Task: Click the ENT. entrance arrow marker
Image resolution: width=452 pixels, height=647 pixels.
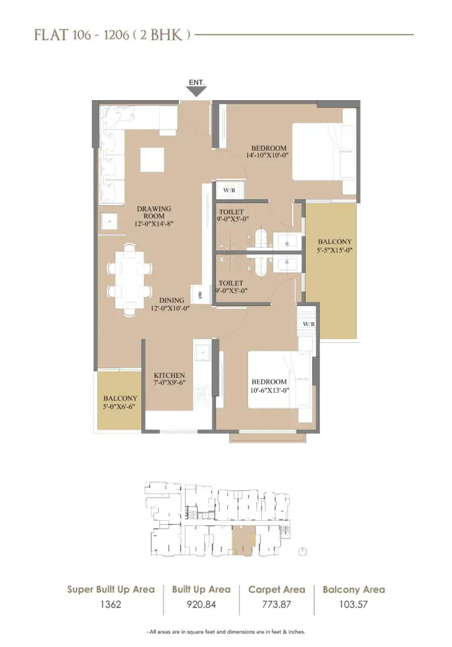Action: [197, 90]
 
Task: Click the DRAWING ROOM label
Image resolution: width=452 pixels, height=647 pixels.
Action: [153, 212]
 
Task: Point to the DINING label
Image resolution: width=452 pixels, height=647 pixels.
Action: [171, 300]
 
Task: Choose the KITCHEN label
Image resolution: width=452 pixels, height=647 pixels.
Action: [170, 375]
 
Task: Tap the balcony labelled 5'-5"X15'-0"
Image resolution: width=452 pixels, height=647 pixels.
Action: [331, 247]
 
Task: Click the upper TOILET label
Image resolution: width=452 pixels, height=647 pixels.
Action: [231, 212]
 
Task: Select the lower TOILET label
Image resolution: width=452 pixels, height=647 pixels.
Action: [231, 283]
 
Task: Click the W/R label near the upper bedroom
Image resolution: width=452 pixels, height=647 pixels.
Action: [229, 191]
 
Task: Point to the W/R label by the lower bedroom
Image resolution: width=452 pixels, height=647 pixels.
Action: [308, 323]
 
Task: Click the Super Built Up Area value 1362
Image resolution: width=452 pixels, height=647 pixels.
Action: [111, 605]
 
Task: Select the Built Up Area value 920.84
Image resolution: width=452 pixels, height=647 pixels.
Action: [201, 605]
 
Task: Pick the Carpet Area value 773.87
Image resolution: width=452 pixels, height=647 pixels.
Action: [277, 605]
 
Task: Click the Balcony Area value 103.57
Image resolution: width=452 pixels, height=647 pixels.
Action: [354, 605]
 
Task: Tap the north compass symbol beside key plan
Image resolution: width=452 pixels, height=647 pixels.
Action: [302, 551]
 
